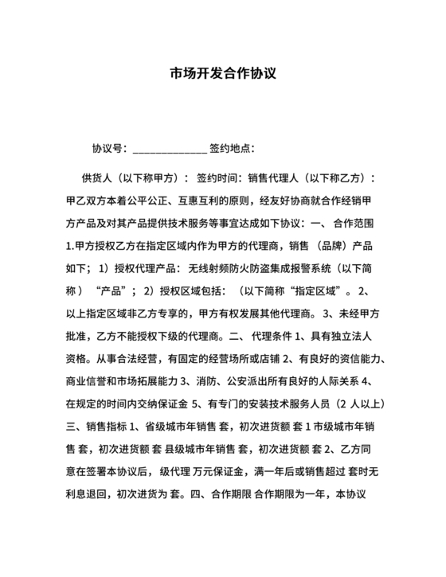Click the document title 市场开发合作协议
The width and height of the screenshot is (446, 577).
(x=223, y=75)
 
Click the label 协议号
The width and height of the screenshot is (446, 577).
(x=108, y=148)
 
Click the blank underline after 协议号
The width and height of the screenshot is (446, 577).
(x=169, y=150)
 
